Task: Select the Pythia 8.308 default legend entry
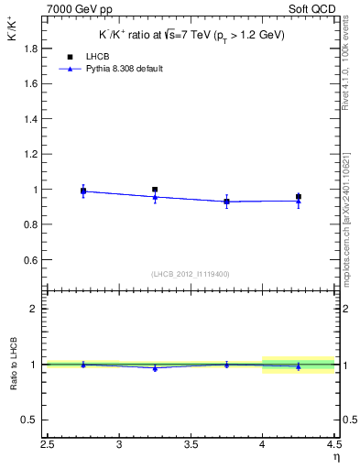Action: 124,69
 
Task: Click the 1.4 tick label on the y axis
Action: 29,119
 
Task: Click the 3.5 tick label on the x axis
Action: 191,446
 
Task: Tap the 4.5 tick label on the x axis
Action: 333,446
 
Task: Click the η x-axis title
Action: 336,457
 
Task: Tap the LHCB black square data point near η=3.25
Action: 155,190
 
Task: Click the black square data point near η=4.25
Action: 299,196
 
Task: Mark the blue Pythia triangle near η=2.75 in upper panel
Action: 83,191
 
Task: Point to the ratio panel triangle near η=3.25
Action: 155,368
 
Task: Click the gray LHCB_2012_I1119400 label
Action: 191,274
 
